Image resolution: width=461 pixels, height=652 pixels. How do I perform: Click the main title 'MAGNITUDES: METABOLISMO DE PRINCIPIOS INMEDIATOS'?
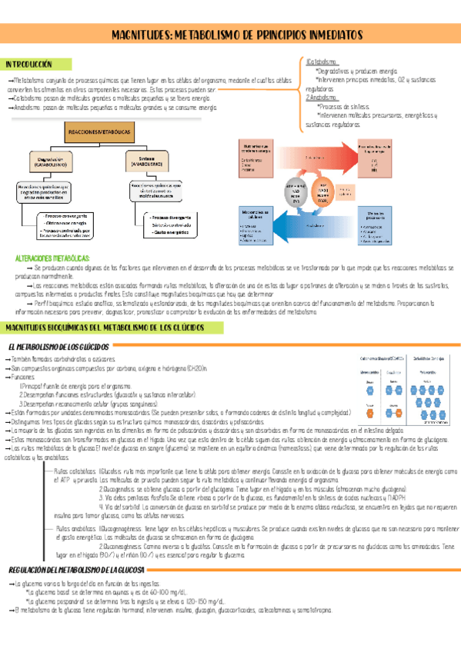[236, 35]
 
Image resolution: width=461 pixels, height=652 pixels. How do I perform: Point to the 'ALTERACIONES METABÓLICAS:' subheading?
[53, 258]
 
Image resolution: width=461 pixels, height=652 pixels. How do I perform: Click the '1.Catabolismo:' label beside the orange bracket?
[321, 62]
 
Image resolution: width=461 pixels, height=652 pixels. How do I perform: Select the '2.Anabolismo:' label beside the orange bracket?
[322, 98]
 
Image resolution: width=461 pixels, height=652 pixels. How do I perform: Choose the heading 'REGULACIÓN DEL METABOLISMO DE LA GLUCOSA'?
[77, 569]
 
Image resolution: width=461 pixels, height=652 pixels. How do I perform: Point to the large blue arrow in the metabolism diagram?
[308, 225]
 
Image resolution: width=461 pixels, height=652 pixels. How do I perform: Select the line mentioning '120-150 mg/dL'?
[116, 600]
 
